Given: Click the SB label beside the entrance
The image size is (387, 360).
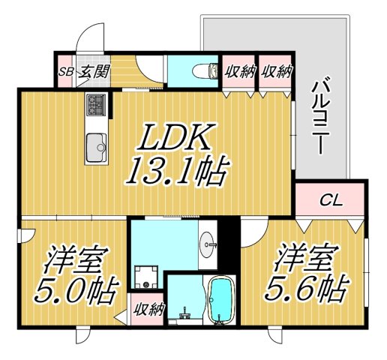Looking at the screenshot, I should (x=66, y=72).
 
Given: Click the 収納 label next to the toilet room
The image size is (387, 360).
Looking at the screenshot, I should (x=239, y=72).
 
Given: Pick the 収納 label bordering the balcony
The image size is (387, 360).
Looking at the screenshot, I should (x=276, y=72).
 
